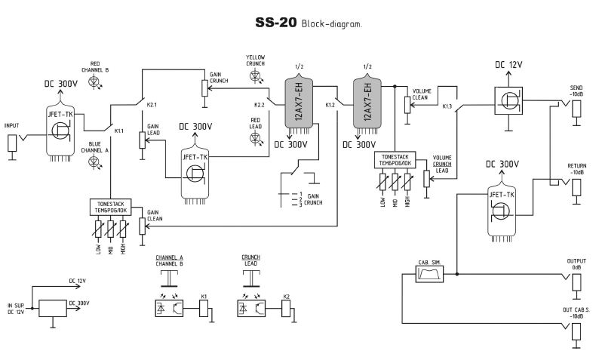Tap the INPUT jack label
coord(12,126)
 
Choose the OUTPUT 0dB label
coord(576,264)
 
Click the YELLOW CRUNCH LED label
coord(256,60)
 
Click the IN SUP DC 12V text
coord(16,308)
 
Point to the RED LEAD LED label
coord(256,124)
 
